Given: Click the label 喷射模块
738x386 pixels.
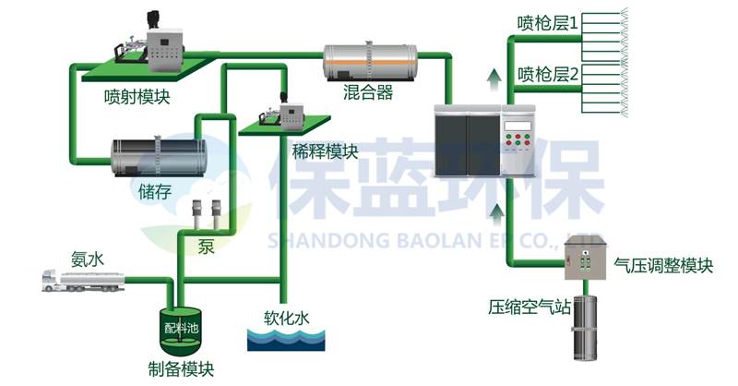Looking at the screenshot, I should pyautogui.click(x=137, y=97).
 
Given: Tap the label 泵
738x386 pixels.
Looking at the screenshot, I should pyautogui.click(x=206, y=246).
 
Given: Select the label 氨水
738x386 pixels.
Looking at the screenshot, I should pyautogui.click(x=88, y=259).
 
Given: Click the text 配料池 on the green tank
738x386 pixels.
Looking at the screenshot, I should pyautogui.click(x=182, y=328).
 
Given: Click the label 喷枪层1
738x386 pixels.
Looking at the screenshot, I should pyautogui.click(x=547, y=22).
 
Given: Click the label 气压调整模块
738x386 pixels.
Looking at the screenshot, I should pyautogui.click(x=663, y=266).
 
